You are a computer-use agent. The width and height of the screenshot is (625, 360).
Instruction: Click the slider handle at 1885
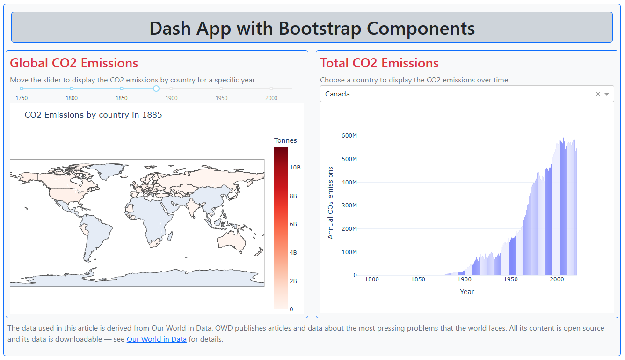[x=156, y=88]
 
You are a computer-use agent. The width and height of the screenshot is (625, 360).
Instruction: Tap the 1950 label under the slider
[x=221, y=98]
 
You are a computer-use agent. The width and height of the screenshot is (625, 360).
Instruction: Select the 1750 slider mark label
[x=22, y=98]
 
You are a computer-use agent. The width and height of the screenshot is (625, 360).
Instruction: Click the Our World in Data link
[x=157, y=339]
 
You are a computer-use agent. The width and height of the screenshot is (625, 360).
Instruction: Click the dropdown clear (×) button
[x=598, y=94]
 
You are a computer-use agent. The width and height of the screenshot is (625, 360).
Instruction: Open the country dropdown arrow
[x=607, y=94]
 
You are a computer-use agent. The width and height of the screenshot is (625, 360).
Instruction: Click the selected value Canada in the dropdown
[x=337, y=94]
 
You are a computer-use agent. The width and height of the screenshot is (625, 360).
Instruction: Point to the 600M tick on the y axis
[x=349, y=136]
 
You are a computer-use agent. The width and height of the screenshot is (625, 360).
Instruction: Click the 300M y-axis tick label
[x=349, y=205]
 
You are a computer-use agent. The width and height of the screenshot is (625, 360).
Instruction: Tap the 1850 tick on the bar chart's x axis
[x=418, y=279]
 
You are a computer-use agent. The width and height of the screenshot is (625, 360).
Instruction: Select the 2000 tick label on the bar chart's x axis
[x=557, y=279]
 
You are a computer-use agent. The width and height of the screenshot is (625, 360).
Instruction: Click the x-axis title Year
[x=467, y=292]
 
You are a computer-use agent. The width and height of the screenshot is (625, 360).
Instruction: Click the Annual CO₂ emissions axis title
[x=330, y=203]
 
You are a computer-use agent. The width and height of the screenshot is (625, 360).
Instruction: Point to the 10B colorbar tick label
[x=295, y=167]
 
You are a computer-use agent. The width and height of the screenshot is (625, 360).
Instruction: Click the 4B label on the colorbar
[x=293, y=252]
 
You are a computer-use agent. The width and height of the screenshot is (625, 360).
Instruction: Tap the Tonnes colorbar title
[x=285, y=140]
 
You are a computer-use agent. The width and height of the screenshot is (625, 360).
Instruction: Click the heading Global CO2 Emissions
[x=74, y=63]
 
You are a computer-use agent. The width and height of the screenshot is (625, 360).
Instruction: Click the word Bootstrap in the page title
[x=320, y=28]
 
